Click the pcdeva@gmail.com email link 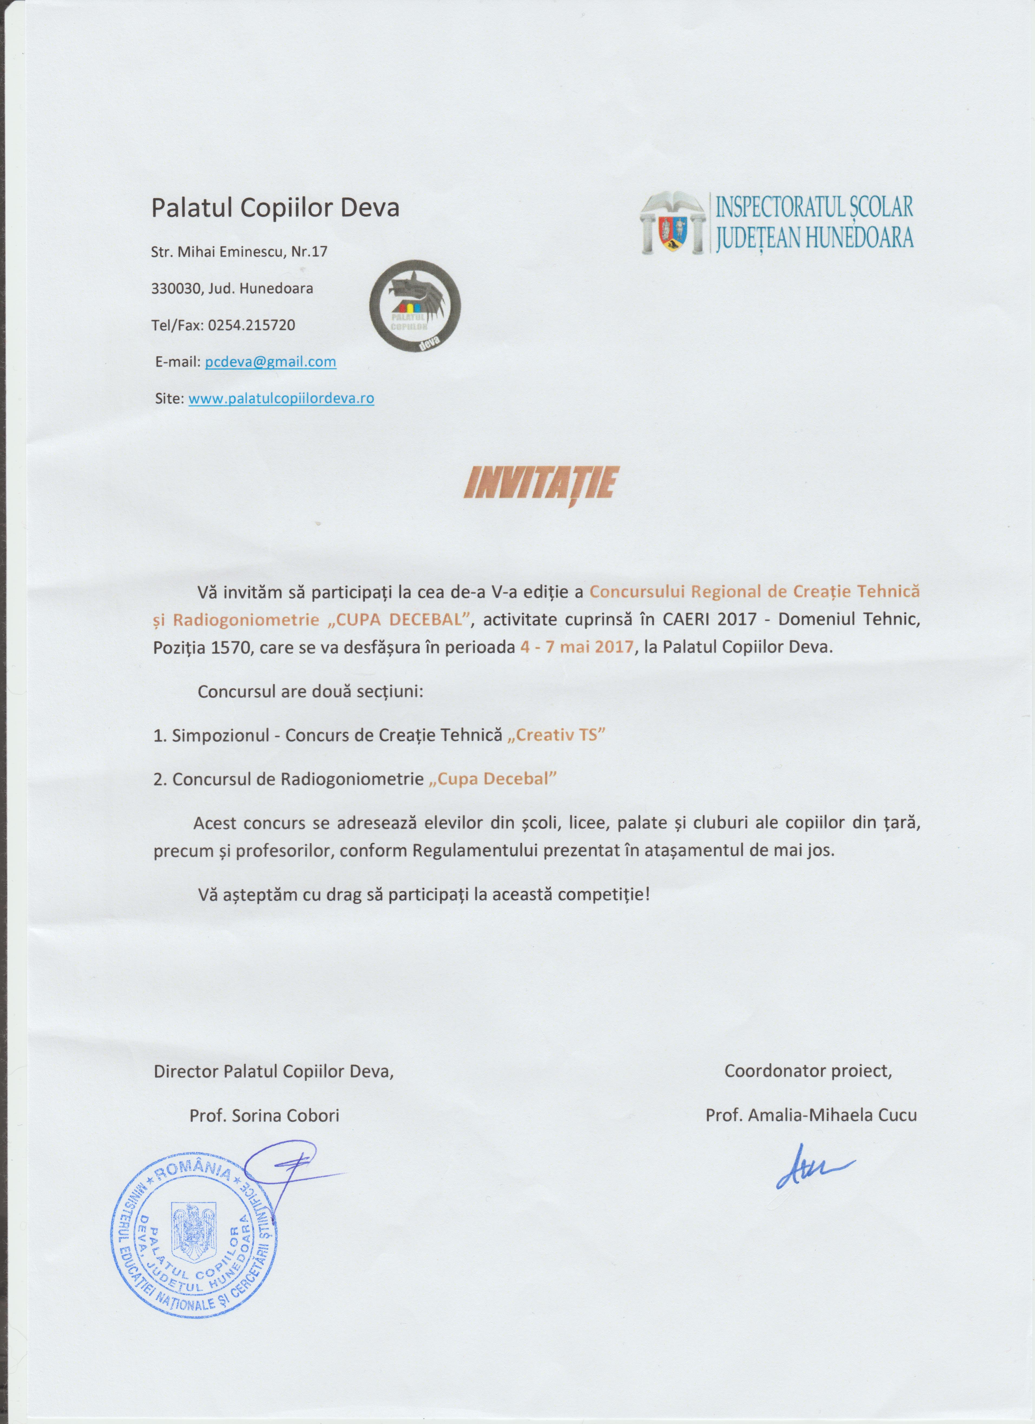(x=271, y=362)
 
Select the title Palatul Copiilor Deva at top (x=275, y=208)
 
